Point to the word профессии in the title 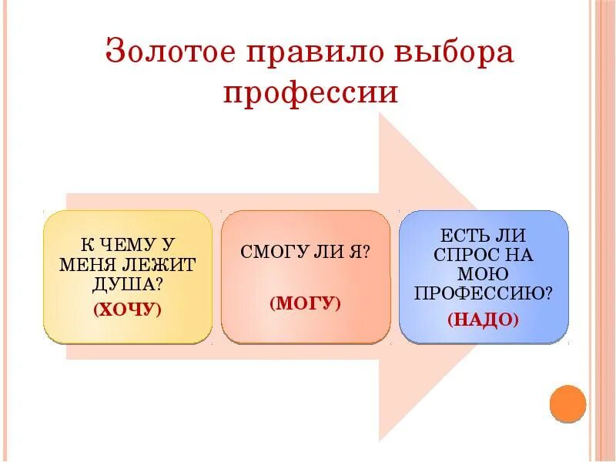coord(310,94)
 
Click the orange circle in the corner coord(568,403)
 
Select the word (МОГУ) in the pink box coord(305,303)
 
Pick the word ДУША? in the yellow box coord(128,283)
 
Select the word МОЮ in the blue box coord(484,273)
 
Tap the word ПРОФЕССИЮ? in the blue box coord(484,293)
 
